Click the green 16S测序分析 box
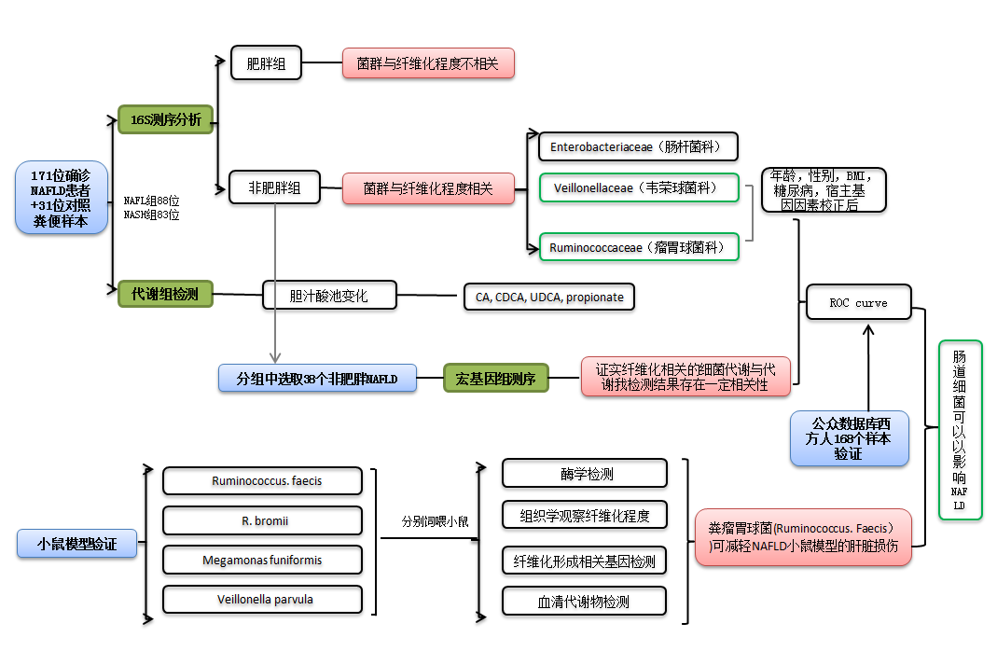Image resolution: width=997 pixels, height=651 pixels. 166,119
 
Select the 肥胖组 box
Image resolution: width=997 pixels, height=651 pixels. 267,63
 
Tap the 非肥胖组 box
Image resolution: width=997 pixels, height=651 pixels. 274,187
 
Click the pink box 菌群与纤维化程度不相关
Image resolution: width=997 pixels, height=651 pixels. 428,63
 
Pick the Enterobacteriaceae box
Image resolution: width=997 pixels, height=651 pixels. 638,146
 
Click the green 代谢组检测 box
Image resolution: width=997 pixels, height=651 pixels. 165,294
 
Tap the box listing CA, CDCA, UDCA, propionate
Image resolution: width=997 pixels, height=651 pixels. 549,298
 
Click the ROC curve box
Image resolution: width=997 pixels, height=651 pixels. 858,303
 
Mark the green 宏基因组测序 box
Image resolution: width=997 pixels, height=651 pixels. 495,378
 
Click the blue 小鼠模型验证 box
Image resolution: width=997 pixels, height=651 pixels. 77,544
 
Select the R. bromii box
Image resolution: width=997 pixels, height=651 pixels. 262,520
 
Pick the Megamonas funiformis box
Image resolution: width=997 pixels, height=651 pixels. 262,561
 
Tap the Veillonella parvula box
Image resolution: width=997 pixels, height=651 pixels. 262,600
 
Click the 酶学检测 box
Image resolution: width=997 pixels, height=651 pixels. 585,473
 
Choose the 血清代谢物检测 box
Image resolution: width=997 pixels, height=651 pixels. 585,602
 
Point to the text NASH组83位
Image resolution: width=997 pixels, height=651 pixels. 151,215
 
